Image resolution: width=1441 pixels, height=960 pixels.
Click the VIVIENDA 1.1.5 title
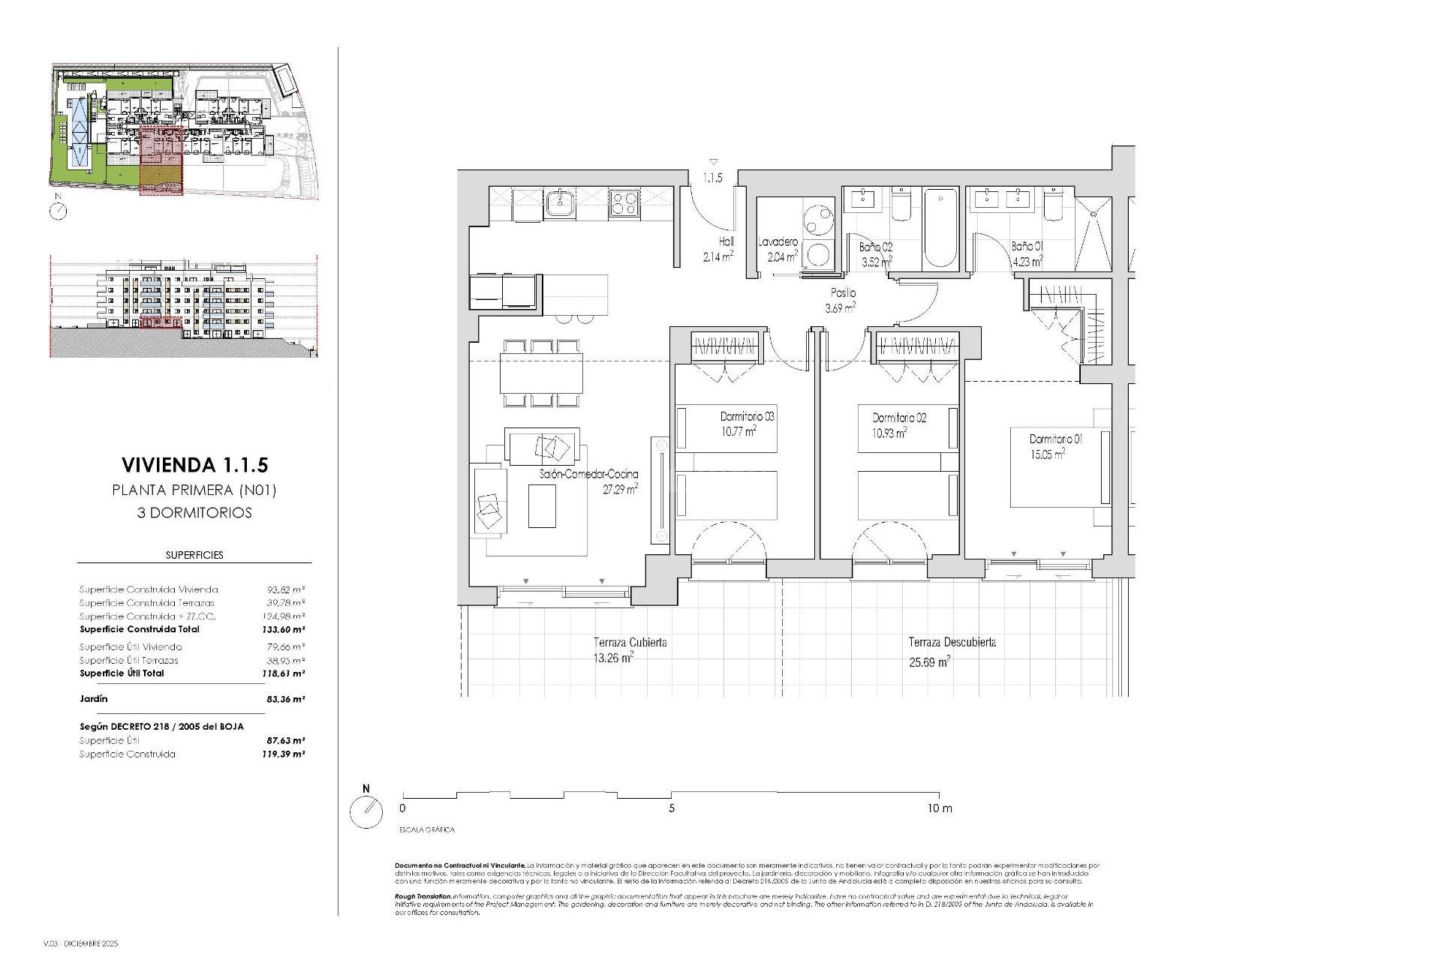click(194, 465)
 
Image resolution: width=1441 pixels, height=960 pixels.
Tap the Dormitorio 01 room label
click(1055, 439)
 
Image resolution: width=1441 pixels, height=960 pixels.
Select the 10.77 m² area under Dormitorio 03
click(739, 431)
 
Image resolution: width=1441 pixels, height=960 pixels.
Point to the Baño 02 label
click(876, 246)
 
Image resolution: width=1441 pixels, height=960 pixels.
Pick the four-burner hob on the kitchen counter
click(624, 202)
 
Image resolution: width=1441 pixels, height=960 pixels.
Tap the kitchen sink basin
click(559, 203)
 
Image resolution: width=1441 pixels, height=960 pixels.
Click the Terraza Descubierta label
click(952, 643)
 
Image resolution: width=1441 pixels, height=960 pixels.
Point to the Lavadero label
click(778, 242)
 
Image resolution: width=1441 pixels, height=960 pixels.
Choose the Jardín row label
click(94, 698)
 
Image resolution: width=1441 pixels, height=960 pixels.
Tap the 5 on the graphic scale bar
click(672, 808)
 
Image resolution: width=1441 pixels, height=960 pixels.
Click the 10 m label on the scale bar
click(938, 808)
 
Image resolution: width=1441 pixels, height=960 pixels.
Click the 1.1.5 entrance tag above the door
click(712, 178)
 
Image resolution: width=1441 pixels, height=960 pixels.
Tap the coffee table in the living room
click(542, 506)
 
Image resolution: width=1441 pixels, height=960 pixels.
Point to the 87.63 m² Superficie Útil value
click(286, 740)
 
